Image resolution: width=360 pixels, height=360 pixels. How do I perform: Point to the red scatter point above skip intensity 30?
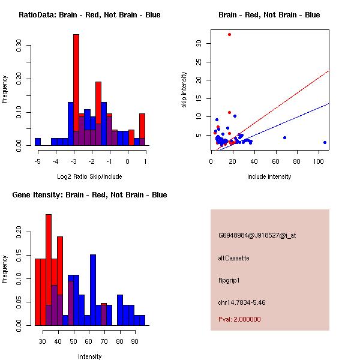[229, 34]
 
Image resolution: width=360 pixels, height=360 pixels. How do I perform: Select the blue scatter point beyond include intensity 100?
[325, 142]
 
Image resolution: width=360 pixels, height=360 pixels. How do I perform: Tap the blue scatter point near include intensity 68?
[284, 137]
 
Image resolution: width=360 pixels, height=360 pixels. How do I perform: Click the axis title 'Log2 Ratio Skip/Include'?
[89, 177]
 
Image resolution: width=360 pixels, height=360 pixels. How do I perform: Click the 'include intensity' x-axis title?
[269, 176]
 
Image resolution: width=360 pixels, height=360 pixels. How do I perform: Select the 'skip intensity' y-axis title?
[184, 90]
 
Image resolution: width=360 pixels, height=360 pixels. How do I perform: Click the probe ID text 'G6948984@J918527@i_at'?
[257, 235]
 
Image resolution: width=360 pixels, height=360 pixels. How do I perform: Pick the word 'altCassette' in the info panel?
[233, 258]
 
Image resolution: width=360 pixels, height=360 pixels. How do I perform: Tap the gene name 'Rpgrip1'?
[230, 280]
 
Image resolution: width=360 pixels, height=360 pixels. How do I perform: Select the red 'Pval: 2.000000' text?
[239, 319]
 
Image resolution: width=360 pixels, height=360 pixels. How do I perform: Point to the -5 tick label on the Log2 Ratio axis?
[37, 161]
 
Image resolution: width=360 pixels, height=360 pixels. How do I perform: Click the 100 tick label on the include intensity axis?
[320, 161]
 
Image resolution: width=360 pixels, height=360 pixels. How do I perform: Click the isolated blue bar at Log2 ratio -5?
[38, 142]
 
